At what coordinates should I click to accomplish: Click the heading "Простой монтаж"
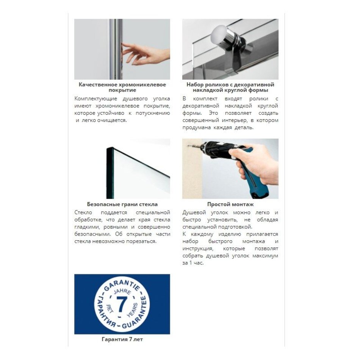click(230, 204)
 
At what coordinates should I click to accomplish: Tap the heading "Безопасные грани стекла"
click(122, 204)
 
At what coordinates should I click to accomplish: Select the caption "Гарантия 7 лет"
click(122, 339)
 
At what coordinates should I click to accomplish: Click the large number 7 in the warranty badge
click(122, 304)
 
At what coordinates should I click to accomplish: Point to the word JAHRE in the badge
click(122, 293)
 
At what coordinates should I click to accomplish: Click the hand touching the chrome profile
click(146, 53)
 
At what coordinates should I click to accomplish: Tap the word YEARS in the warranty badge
click(133, 310)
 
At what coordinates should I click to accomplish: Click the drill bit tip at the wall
click(188, 145)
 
